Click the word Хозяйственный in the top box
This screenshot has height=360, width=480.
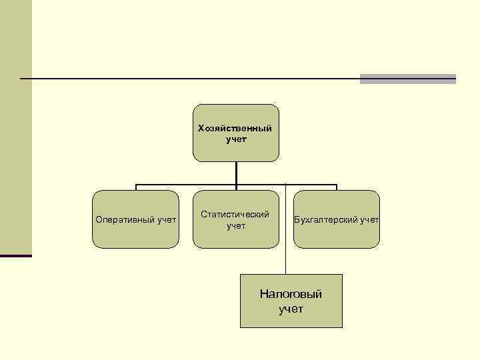235,128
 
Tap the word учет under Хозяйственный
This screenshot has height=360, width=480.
236,139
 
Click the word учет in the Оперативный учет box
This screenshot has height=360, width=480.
167,219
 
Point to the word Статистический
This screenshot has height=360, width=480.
236,215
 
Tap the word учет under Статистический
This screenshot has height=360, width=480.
236,226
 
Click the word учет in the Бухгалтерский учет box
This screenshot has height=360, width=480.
369,219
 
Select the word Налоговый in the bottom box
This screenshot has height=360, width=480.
291,294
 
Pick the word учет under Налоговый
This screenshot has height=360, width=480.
291,309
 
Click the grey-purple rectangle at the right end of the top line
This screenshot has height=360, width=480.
407,79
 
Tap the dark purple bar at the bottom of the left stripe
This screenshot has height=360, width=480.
15,255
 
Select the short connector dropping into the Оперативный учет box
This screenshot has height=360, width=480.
136,187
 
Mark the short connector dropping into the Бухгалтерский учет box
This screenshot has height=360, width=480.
337,187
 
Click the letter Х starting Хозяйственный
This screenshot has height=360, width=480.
201,128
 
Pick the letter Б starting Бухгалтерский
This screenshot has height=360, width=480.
297,219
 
